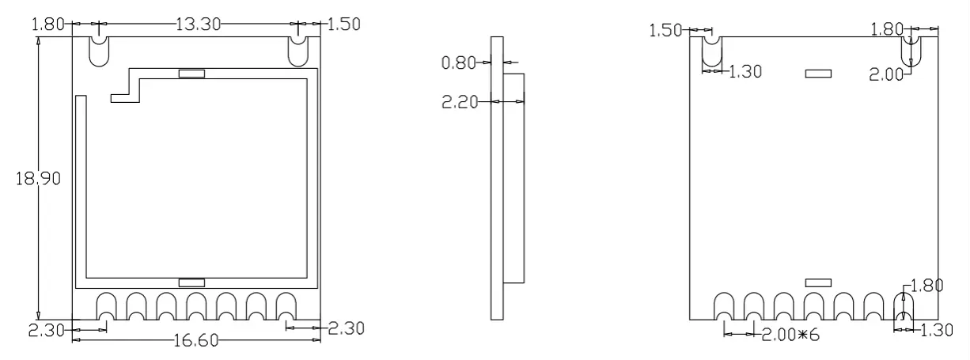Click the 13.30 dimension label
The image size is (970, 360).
click(x=199, y=24)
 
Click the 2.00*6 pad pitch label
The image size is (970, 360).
click(x=790, y=335)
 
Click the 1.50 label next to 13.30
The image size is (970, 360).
click(x=344, y=24)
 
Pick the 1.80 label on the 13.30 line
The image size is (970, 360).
click(x=47, y=24)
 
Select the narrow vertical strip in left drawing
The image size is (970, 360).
click(x=80, y=186)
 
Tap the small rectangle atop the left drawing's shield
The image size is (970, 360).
click(x=191, y=74)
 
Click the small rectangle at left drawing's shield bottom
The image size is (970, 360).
click(x=191, y=282)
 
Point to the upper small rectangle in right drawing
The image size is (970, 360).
click(x=818, y=73)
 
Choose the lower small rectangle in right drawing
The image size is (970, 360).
click(x=818, y=282)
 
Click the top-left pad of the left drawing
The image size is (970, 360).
click(x=99, y=51)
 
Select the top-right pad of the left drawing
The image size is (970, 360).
click(x=298, y=51)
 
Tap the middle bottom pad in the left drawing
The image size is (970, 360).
click(x=197, y=306)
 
